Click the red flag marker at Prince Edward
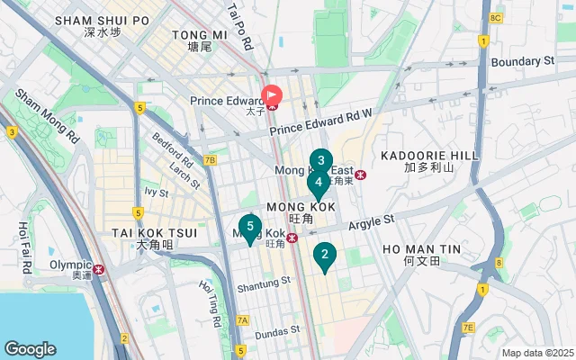(271, 94)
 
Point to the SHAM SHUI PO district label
(102, 20)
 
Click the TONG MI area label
(193, 34)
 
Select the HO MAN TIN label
(421, 247)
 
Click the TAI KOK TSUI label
(142, 232)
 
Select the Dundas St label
(276, 331)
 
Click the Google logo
(30, 349)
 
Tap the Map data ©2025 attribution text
(536, 353)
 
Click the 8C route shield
(496, 18)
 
